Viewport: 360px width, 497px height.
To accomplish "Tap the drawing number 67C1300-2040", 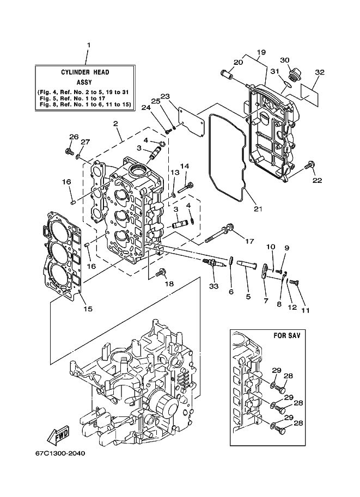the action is click(60, 453).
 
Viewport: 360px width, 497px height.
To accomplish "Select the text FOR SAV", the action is click(287, 335).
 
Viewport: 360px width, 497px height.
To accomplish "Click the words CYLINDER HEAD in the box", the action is click(85, 72).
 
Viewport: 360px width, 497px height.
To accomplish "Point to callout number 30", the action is click(285, 60).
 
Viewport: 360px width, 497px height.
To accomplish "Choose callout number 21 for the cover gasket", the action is click(258, 209).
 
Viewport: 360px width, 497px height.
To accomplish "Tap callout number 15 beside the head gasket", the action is click(88, 309).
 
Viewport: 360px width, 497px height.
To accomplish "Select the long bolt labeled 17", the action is click(219, 232).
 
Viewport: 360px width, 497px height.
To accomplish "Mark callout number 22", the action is click(317, 180).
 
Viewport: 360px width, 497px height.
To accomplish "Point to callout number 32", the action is click(320, 72).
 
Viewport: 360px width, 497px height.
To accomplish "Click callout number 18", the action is click(169, 284).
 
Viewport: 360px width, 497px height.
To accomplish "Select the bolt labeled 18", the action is click(161, 272).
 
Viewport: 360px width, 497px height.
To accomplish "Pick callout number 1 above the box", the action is click(89, 45).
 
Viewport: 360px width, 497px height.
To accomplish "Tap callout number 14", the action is click(185, 166).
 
